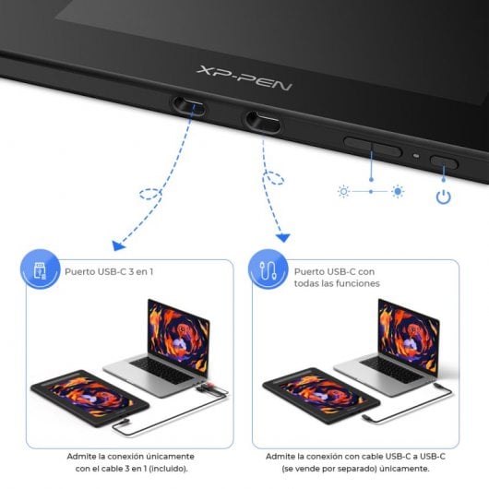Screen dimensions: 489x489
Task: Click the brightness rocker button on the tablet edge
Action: (372, 145)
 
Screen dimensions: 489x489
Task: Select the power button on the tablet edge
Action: (445, 163)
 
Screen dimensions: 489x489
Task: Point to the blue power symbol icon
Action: (444, 197)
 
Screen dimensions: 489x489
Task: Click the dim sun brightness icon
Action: (343, 191)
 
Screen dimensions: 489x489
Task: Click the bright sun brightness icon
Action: (398, 191)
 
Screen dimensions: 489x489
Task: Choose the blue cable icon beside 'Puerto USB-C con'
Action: (268, 272)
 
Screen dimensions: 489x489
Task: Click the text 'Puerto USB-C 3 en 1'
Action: (109, 272)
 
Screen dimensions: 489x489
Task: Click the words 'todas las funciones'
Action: (337, 283)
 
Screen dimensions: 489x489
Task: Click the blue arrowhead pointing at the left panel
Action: (118, 245)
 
